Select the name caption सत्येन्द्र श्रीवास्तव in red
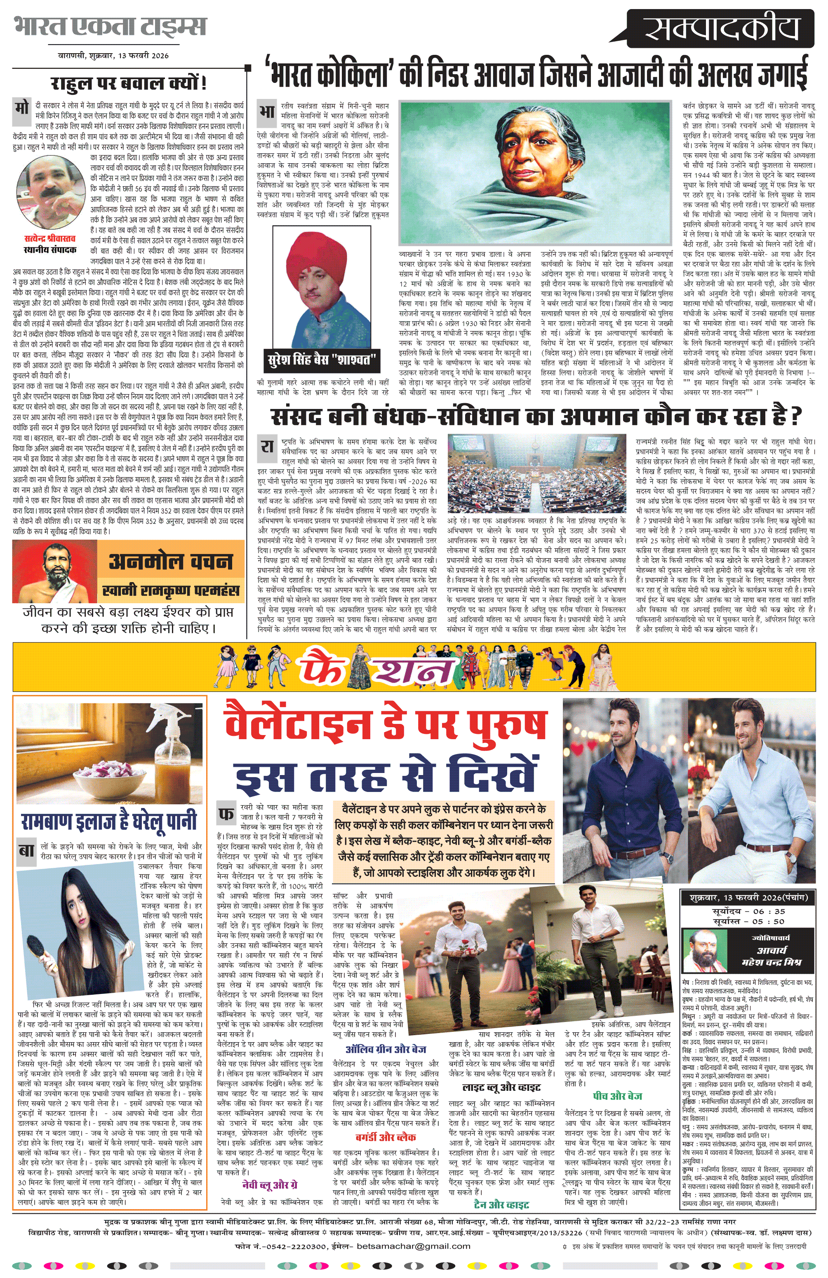pyautogui.click(x=50, y=238)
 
